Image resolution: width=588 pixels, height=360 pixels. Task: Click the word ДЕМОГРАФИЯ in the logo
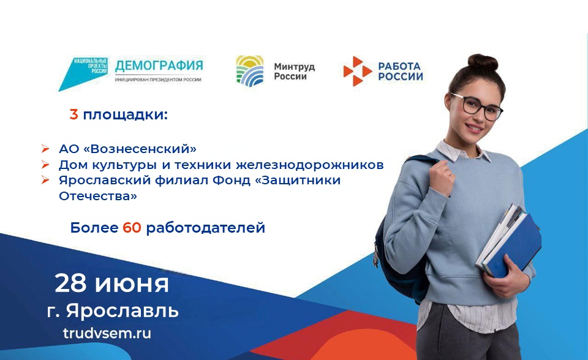pyautogui.click(x=159, y=66)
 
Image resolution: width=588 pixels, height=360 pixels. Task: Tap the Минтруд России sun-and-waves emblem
pyautogui.click(x=250, y=70)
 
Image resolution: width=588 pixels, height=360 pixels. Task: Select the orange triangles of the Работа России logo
pyautogui.click(x=357, y=71)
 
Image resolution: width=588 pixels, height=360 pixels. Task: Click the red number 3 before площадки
pyautogui.click(x=74, y=114)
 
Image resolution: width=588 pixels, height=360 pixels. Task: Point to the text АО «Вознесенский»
pyautogui.click(x=127, y=149)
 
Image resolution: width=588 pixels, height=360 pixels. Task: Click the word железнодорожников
pyautogui.click(x=310, y=165)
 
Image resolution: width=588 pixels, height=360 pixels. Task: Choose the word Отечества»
pyautogui.click(x=98, y=196)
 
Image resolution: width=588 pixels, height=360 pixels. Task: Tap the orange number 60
pyautogui.click(x=132, y=228)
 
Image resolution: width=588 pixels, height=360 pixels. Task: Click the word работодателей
pyautogui.click(x=206, y=228)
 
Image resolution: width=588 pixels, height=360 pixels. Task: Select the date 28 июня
pyautogui.click(x=111, y=283)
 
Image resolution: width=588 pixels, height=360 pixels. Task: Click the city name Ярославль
pyautogui.click(x=123, y=311)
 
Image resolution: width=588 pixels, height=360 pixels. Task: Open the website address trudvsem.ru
pyautogui.click(x=107, y=333)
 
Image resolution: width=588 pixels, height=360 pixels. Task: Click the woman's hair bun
pyautogui.click(x=483, y=62)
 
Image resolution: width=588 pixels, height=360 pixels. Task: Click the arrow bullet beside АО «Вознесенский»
pyautogui.click(x=45, y=149)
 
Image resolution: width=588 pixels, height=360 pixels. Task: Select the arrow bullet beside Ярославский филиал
pyautogui.click(x=45, y=181)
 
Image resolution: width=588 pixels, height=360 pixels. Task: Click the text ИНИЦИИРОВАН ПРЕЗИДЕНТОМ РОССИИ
pyautogui.click(x=158, y=80)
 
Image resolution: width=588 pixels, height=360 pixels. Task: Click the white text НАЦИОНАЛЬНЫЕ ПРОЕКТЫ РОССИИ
pyautogui.click(x=91, y=66)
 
